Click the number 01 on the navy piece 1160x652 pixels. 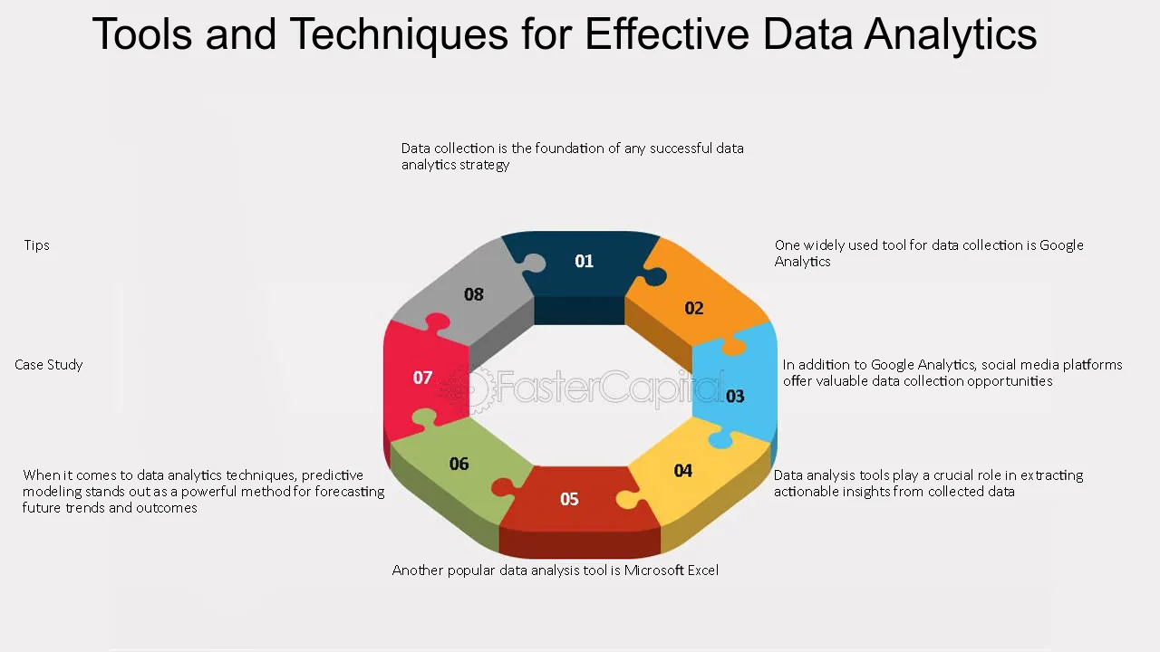click(584, 261)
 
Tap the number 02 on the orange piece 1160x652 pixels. click(694, 309)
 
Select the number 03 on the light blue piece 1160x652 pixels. click(735, 397)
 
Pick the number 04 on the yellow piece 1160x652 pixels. click(683, 470)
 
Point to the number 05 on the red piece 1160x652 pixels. click(569, 499)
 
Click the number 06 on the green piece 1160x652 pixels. click(459, 464)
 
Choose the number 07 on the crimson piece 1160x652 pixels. click(422, 378)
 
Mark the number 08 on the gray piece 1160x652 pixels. click(473, 294)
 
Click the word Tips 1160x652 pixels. click(37, 245)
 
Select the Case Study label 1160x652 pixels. click(49, 365)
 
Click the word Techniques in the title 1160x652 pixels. click(399, 35)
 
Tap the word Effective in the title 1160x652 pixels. click(667, 34)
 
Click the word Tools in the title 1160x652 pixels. click(142, 34)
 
